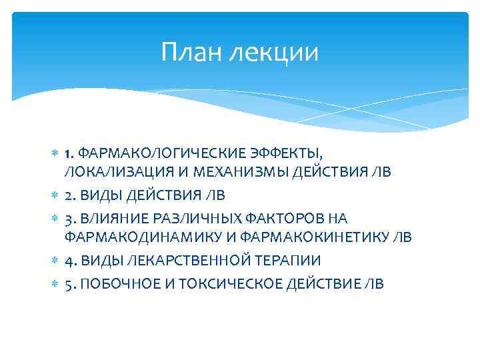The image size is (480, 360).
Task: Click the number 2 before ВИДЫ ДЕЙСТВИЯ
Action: (x=69, y=195)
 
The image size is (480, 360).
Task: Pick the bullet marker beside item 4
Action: (x=55, y=260)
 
